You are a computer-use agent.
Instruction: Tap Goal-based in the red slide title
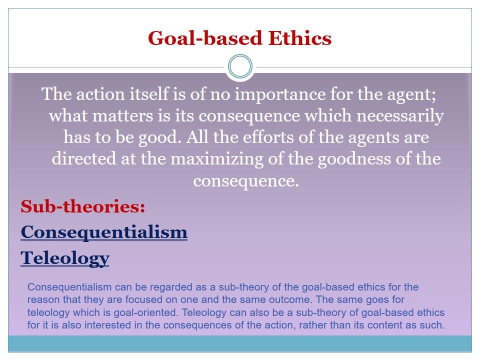point(205,38)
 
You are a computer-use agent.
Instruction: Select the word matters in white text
point(122,115)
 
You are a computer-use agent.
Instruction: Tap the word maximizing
point(216,159)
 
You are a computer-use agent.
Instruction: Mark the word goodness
point(354,159)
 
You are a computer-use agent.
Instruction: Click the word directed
point(84,158)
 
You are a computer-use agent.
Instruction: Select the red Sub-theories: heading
point(83,206)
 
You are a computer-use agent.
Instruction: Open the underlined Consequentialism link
point(104,232)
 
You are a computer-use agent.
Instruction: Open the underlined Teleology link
point(65,258)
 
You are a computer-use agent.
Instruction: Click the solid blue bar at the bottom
point(240,343)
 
